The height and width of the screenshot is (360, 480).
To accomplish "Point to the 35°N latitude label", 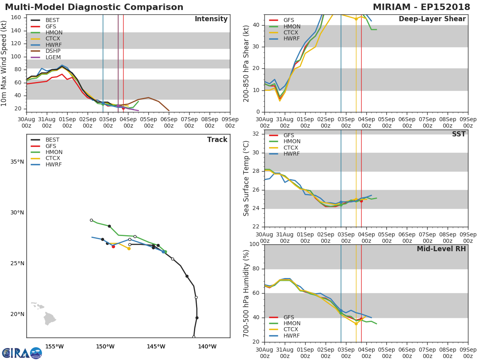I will pyautogui.click(x=17, y=162).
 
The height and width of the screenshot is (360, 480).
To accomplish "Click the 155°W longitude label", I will pyautogui.click(x=54, y=347).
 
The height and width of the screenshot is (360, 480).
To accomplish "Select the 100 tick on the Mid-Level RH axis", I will pyautogui.click(x=254, y=244).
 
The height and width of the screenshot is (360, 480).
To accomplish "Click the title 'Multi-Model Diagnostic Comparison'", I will pyautogui.click(x=94, y=7).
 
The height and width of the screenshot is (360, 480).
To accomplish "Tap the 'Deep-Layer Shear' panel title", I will pyautogui.click(x=432, y=19).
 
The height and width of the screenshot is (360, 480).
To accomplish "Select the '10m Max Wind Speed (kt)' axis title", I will pyautogui.click(x=4, y=63).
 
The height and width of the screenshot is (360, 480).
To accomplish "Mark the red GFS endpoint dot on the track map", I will pyautogui.click(x=113, y=246).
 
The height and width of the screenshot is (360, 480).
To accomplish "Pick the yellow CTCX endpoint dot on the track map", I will pyautogui.click(x=129, y=248).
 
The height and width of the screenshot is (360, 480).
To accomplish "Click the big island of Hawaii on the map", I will pyautogui.click(x=49, y=319).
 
